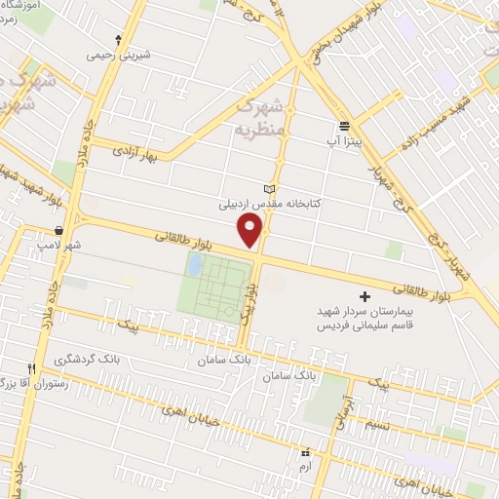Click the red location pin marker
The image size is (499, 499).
[x=251, y=231]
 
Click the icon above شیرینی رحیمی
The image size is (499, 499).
[x=119, y=40]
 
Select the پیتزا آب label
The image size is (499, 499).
[x=345, y=141]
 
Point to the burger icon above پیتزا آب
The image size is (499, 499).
[x=345, y=126]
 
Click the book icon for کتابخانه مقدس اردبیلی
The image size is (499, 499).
[x=270, y=189]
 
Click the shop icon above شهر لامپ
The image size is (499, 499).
[x=59, y=231]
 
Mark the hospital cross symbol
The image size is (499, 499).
[x=365, y=295]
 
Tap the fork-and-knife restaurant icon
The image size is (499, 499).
[x=32, y=368]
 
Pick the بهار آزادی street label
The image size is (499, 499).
[x=135, y=153]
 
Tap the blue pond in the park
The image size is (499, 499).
[x=196, y=264]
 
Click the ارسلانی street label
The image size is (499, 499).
[x=339, y=409]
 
